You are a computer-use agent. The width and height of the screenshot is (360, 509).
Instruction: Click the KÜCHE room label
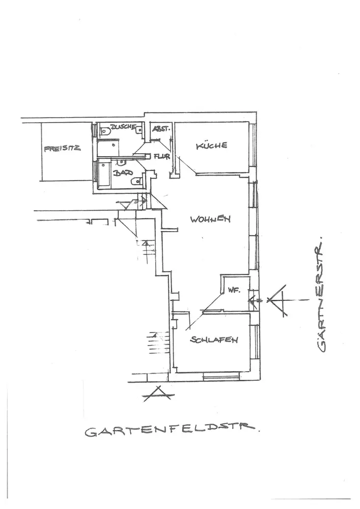pos(212,146)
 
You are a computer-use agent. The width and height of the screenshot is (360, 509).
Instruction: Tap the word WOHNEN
pos(210,219)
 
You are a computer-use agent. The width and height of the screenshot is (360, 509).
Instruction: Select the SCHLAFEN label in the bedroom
pos(214,341)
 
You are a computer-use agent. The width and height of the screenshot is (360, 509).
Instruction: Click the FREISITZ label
pos(63,149)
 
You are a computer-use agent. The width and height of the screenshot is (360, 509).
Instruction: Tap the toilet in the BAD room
pos(134,181)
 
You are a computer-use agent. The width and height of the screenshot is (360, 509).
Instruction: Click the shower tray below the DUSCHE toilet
pos(108,148)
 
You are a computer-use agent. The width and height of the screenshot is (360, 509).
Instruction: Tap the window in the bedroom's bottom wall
pos(221,377)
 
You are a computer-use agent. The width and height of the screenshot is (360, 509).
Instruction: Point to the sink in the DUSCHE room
pos(139,129)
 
